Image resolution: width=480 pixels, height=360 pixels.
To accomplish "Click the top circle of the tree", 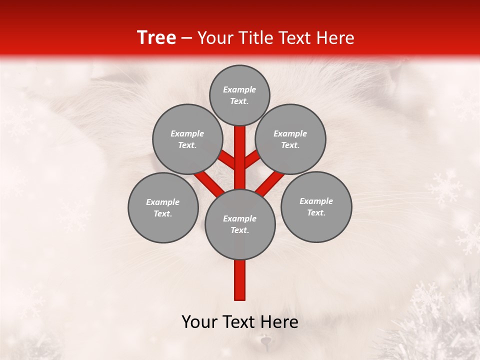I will pos(239,95).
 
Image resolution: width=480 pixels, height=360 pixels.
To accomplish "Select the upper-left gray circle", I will pos(187,139).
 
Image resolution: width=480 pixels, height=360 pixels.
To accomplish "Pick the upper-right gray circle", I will pos(290,139).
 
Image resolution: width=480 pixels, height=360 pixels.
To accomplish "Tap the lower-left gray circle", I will pos(163,207).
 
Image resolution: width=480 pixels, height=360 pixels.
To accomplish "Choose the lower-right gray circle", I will pos(316,206).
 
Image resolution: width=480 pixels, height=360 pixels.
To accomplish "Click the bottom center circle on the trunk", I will pos(240,224).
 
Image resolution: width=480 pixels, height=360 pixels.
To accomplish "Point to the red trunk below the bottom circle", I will pos(240,280).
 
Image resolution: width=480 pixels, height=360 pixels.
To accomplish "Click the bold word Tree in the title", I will pos(156,38).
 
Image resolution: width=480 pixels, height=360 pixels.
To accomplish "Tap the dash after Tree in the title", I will pos(187,38).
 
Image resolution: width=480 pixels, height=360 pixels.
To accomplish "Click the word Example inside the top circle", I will pos(239,89).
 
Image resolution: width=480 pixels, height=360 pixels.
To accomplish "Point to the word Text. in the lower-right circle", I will pos(316,212).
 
